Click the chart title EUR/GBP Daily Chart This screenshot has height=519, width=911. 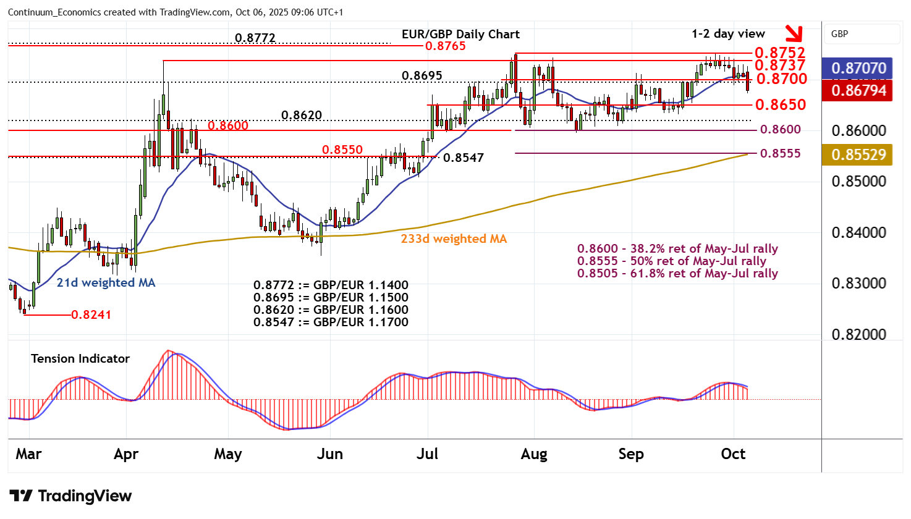point(460,35)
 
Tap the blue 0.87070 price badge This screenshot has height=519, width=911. point(858,68)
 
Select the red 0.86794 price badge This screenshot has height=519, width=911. point(858,91)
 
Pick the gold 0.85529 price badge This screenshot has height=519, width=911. point(858,154)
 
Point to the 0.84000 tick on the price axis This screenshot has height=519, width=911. point(858,233)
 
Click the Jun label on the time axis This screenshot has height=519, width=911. point(329,454)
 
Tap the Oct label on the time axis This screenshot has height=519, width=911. point(733,454)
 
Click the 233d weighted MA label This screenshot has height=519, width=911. point(454,239)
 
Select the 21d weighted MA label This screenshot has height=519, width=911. point(106,283)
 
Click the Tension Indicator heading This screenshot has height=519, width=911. point(80,359)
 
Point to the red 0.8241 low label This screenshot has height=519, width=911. point(91,315)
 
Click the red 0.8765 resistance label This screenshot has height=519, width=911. point(445,46)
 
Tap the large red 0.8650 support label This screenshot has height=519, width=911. point(781,105)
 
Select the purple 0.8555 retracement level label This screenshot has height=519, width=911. point(780,154)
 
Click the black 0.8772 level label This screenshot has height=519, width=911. point(255,38)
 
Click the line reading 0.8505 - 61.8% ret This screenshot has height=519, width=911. point(677,274)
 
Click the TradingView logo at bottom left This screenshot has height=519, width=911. point(70,496)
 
